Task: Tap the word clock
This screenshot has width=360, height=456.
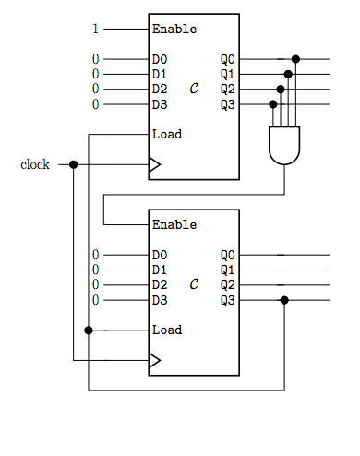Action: [x=35, y=165]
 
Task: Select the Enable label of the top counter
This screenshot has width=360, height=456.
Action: [x=174, y=29]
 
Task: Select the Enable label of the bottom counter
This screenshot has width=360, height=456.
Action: [x=174, y=224]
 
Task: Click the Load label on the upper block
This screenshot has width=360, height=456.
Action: [x=167, y=134]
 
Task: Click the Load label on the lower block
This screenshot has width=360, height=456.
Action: [x=167, y=330]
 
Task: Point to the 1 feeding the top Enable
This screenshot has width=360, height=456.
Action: [x=95, y=29]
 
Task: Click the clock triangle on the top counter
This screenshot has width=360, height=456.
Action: [x=154, y=165]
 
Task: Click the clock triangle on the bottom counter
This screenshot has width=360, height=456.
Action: [x=154, y=361]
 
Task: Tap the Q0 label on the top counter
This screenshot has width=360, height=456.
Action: [x=227, y=59]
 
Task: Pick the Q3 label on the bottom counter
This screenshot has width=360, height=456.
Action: [x=227, y=300]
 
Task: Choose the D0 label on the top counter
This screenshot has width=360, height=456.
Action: [x=160, y=59]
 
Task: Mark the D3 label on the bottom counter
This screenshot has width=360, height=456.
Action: [x=160, y=300]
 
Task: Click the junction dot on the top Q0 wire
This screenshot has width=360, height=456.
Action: [x=295, y=59]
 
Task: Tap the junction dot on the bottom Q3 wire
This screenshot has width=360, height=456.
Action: [x=284, y=300]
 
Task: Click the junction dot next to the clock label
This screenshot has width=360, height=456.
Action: [x=73, y=165]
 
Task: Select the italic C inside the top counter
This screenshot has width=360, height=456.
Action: [x=193, y=89]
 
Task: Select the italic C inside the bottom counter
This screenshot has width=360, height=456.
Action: [x=193, y=284]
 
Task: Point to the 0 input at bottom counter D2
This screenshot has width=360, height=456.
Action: [x=95, y=284]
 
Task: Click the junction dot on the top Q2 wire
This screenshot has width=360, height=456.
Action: [x=281, y=90]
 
